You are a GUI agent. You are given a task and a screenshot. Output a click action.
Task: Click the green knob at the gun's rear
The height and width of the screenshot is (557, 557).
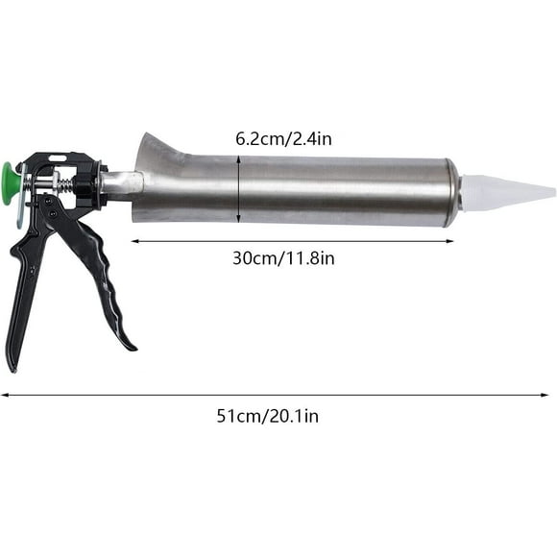[11, 178]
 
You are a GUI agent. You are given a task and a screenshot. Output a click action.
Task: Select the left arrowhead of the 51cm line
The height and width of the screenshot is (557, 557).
[4, 394]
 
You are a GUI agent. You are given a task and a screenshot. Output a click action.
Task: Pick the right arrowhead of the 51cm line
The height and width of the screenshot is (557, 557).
[551, 394]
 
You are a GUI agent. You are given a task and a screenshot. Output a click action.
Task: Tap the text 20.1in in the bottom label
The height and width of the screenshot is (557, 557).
[297, 416]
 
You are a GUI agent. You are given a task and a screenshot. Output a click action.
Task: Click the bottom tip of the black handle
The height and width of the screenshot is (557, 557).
[12, 365]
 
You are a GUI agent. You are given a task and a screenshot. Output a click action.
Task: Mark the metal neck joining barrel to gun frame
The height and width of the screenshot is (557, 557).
[123, 183]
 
